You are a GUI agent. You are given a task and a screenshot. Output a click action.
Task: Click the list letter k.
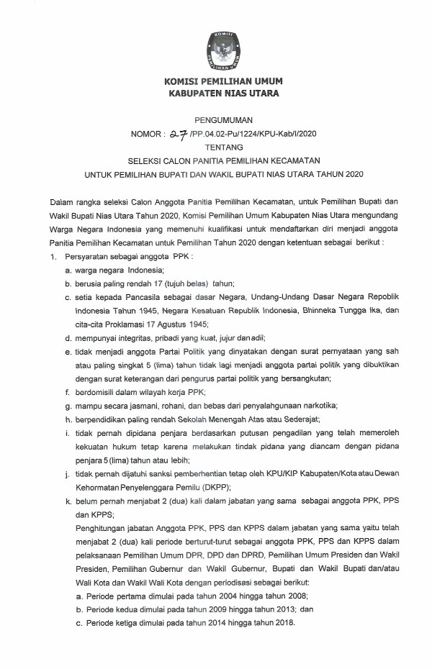click(x=67, y=501)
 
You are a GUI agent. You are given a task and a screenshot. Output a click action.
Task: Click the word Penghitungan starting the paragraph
click(x=100, y=529)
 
